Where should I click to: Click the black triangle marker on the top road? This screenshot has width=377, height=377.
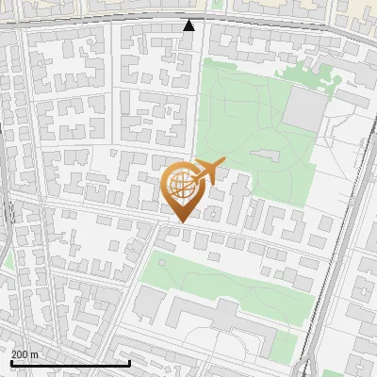188,25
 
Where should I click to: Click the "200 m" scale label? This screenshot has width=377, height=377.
25,353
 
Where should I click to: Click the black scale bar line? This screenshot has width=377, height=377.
70,363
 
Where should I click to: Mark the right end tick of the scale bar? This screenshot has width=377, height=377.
129,362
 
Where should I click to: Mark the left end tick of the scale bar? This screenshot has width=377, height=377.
10,362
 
